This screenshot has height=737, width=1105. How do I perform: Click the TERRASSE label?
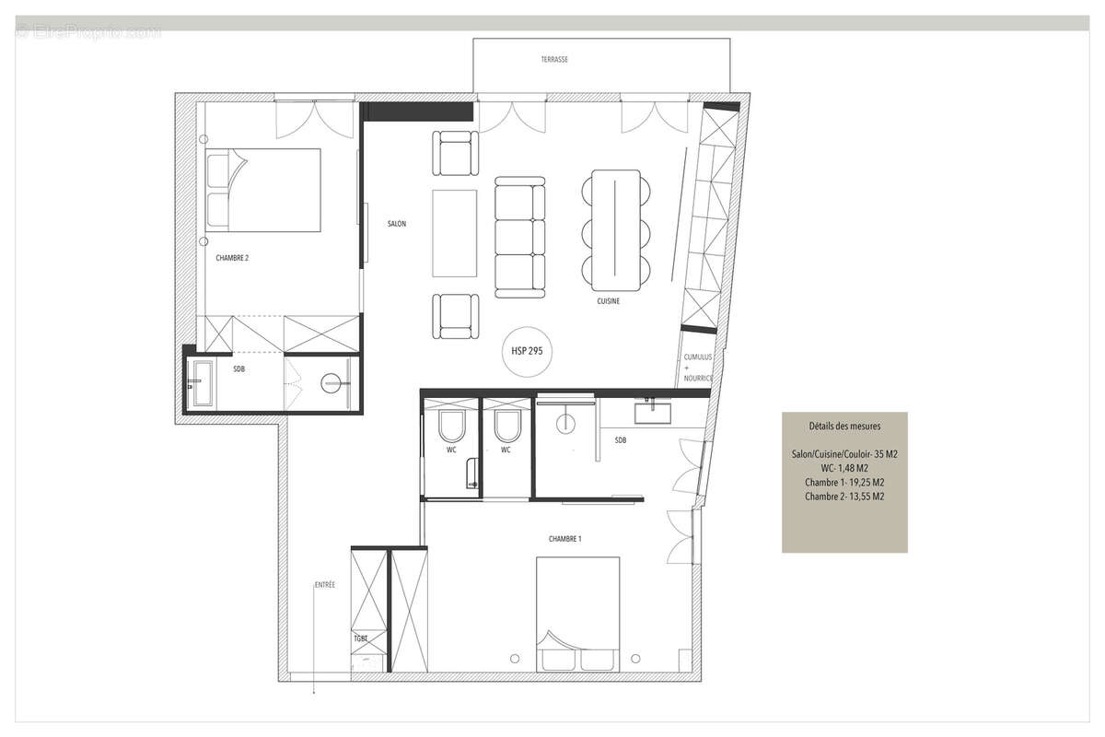point(554,59)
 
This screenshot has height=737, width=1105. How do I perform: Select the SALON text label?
point(396,224)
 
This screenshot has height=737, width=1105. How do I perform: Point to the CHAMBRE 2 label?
point(232,259)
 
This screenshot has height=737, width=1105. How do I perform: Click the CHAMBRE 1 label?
point(564,539)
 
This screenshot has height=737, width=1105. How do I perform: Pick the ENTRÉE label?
point(324,585)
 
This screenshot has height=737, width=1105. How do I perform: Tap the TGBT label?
point(361,638)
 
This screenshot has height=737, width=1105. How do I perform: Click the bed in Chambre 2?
point(263,189)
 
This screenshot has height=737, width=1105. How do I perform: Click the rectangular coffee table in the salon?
point(455,233)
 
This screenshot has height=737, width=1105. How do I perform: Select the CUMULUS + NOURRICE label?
point(698,367)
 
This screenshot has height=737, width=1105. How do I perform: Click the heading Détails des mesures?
point(844,427)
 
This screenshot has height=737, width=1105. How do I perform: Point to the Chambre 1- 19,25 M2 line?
point(844,483)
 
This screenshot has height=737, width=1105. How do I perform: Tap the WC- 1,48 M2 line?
point(844,469)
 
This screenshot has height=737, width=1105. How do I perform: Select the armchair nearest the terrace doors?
point(456,152)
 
